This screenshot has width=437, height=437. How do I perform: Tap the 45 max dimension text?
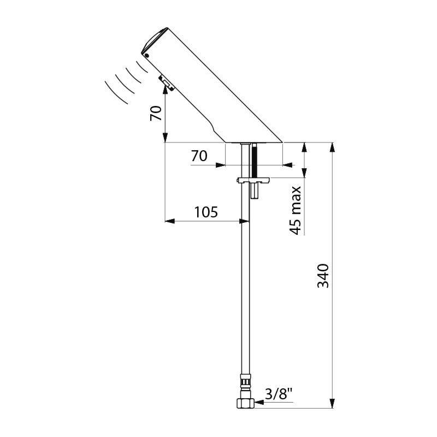pyautogui.click(x=296, y=210)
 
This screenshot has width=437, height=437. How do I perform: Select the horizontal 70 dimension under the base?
pyautogui.click(x=199, y=156)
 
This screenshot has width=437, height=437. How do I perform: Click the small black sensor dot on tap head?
pyautogui.click(x=146, y=55)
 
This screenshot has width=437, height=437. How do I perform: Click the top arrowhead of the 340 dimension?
pyautogui.click(x=332, y=147)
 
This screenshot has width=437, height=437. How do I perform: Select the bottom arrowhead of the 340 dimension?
pyautogui.click(x=332, y=403)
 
